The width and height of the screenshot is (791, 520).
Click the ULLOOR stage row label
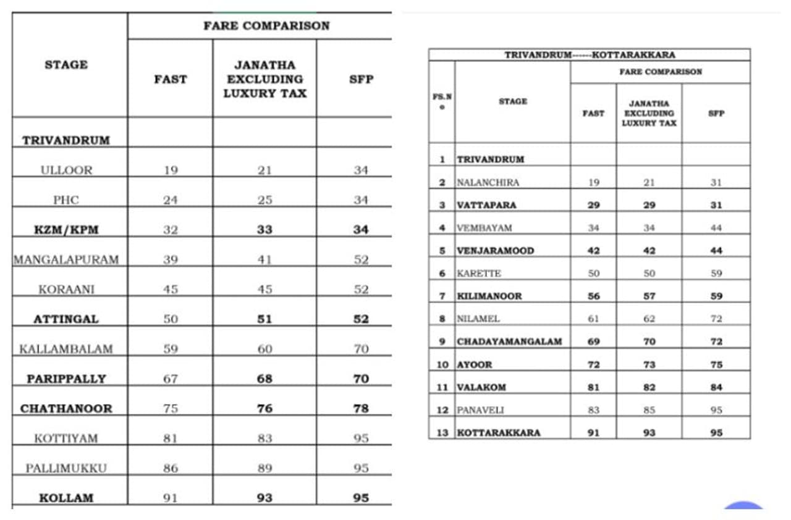66,170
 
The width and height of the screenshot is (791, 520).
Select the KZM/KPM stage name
66,230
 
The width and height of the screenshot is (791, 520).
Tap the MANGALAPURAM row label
66,259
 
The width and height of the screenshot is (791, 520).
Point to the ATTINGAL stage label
66,319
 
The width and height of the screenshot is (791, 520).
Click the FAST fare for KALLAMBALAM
171,349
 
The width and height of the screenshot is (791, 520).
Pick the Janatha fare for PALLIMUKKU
264,468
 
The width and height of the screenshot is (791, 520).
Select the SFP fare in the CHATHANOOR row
361,408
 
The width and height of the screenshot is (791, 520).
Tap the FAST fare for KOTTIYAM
171,438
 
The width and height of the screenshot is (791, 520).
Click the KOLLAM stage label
66,498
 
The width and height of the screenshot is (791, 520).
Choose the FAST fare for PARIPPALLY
171,379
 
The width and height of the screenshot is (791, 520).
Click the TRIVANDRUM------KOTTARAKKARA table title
590,55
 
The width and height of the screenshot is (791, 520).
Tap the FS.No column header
442,101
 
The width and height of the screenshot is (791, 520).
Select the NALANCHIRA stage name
488,182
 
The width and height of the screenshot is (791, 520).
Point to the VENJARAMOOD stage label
495,251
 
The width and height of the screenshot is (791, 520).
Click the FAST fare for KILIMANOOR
593,296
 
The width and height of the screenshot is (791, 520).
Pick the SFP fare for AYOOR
716,364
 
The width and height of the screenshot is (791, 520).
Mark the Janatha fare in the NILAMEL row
649,319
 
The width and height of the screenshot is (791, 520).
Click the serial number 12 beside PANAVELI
442,410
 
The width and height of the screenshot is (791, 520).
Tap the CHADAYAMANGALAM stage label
509,342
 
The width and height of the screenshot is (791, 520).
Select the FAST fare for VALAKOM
593,387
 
